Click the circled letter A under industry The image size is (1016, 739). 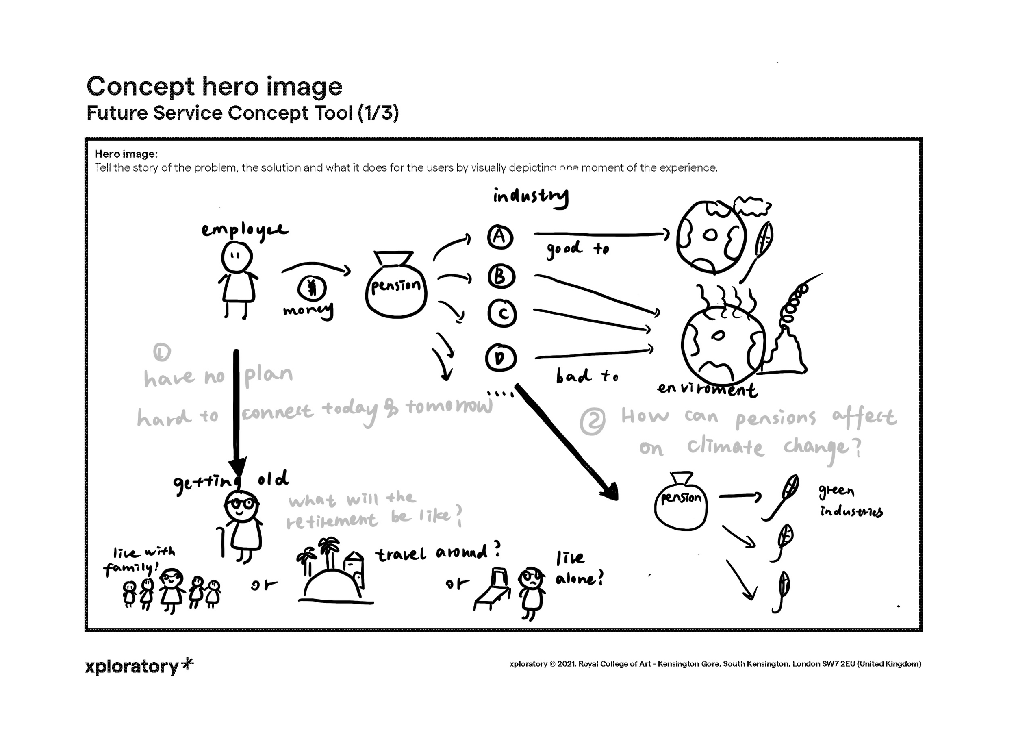pyautogui.click(x=500, y=237)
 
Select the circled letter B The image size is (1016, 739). pyautogui.click(x=501, y=276)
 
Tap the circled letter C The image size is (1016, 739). pyautogui.click(x=502, y=314)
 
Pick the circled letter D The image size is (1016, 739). pyautogui.click(x=500, y=358)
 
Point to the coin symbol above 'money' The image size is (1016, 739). pyautogui.click(x=312, y=287)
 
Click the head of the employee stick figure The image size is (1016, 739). pyautogui.click(x=237, y=257)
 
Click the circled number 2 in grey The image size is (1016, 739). pyautogui.click(x=592, y=421)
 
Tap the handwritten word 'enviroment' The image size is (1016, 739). pyautogui.click(x=707, y=389)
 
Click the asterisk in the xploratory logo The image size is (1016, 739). pyautogui.click(x=189, y=664)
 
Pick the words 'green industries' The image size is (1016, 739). pyautogui.click(x=849, y=502)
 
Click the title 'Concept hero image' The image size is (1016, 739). pyautogui.click(x=214, y=86)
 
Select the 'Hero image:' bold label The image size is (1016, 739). pyautogui.click(x=126, y=154)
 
